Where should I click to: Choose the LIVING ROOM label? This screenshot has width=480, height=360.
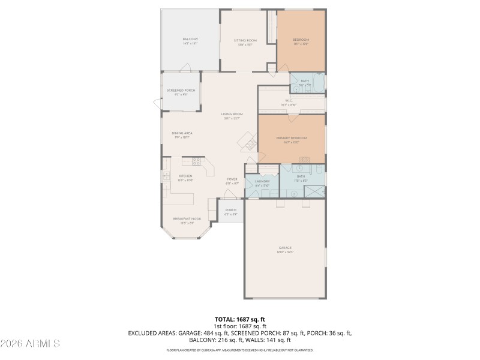(232, 116)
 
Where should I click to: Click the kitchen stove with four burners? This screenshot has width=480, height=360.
(196, 161)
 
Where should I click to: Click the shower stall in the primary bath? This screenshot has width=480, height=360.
(314, 191)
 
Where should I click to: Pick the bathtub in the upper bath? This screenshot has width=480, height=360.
(318, 81)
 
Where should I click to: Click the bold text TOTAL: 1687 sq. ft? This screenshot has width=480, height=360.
(239, 319)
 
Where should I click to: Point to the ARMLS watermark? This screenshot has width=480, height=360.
(30, 344)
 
